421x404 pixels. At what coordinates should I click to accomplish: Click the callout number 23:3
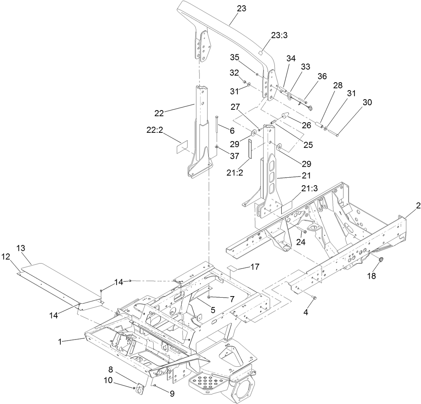point(279,35)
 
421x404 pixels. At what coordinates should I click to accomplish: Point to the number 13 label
point(21,248)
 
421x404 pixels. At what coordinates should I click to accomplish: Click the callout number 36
point(322,76)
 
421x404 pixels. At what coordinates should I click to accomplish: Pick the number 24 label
point(301,242)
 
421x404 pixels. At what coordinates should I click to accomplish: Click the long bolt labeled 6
point(216,131)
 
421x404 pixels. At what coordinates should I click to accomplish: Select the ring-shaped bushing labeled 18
point(380,260)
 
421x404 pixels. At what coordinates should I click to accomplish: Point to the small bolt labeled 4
point(314,298)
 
